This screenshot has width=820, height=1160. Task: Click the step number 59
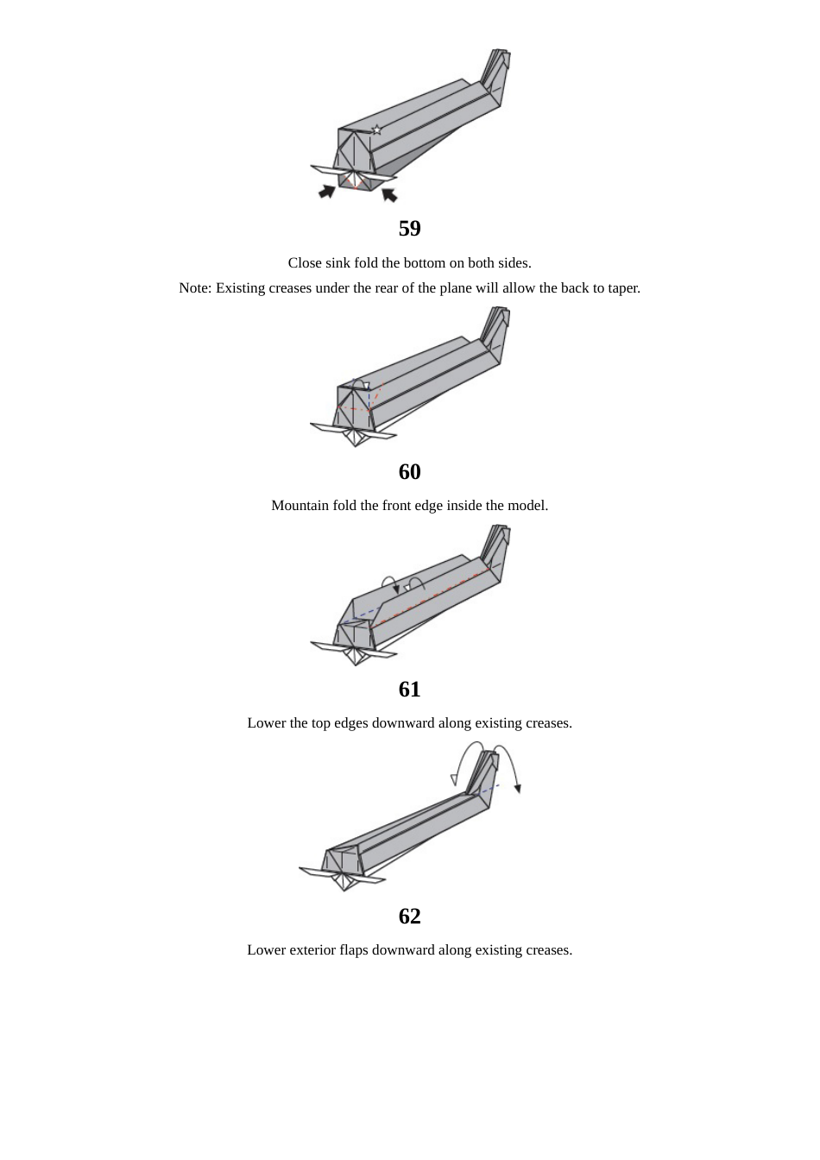tap(409, 229)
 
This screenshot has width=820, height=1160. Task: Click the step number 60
tap(409, 472)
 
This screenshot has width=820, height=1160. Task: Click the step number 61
tap(409, 690)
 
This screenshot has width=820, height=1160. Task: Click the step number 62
tap(409, 917)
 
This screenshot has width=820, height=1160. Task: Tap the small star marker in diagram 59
tap(376, 130)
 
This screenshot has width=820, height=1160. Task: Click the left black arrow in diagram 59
tap(327, 191)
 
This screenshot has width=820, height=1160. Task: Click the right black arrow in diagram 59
tap(389, 194)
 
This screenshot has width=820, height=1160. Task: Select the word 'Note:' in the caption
tap(195, 288)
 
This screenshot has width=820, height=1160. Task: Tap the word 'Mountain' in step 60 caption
tap(300, 506)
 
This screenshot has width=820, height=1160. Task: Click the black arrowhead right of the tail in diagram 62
tap(518, 787)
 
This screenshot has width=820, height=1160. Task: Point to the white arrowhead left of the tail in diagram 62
tap(454, 779)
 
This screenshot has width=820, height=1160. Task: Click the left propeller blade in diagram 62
tap(316, 873)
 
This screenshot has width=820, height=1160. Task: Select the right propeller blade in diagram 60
tap(380, 434)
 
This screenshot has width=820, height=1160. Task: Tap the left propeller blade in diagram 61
tap(326, 646)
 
